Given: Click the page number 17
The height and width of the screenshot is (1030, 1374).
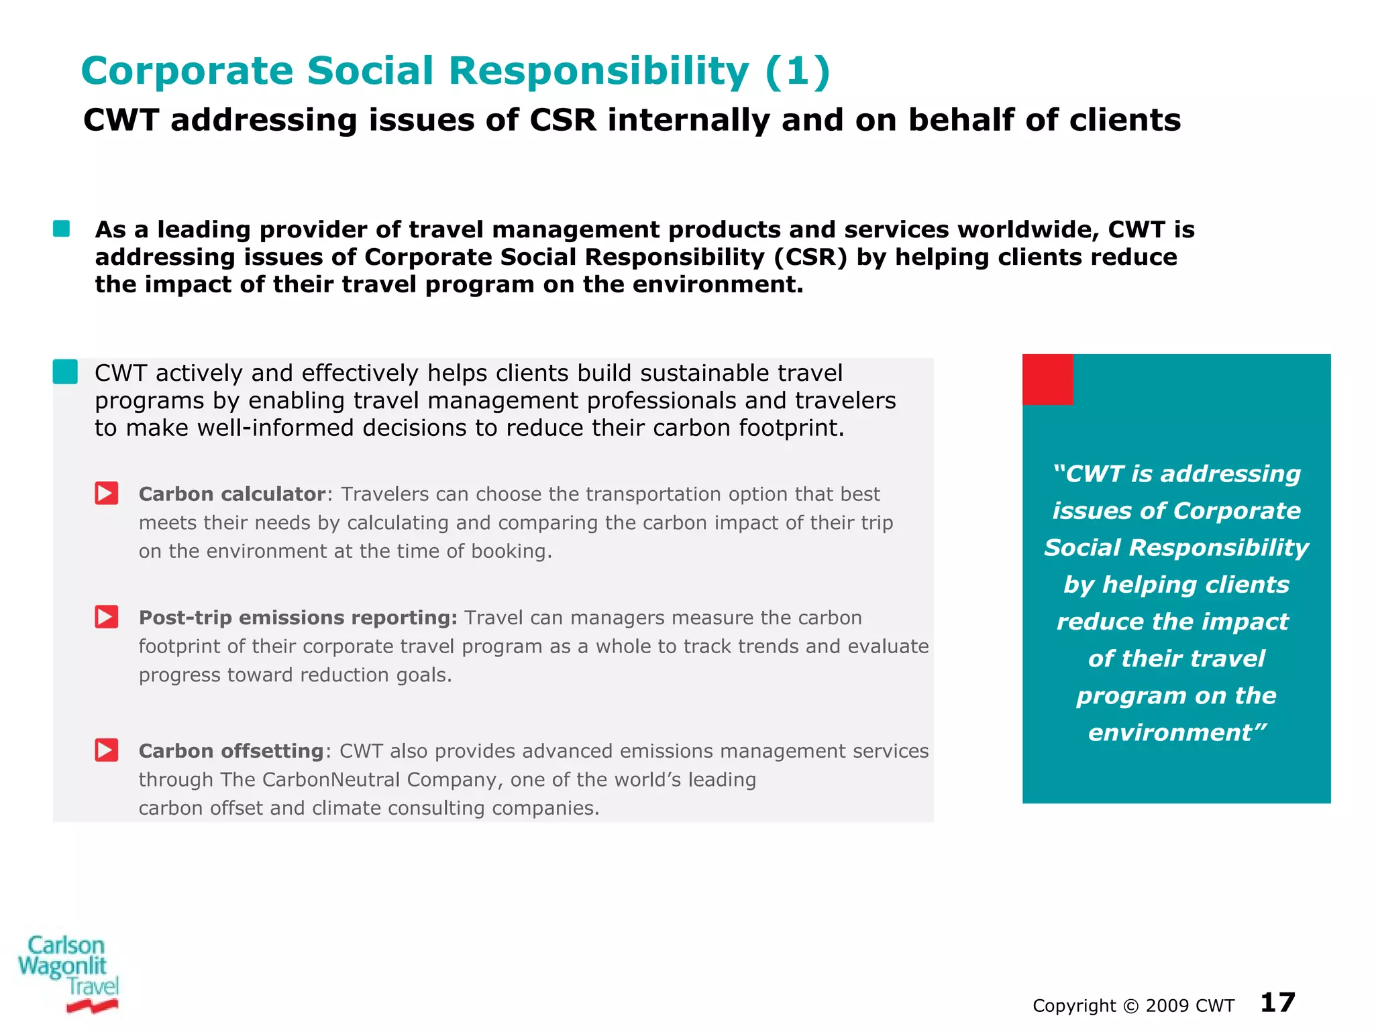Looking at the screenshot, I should click(1277, 1003).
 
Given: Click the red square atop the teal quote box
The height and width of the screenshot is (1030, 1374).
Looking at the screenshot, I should click(1047, 380).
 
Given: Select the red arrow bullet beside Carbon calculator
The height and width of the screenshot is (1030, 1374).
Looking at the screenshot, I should click(107, 494).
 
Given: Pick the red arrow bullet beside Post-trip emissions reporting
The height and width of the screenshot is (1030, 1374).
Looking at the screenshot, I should click(107, 617).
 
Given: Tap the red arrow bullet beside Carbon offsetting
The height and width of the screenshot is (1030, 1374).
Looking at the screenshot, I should click(107, 750).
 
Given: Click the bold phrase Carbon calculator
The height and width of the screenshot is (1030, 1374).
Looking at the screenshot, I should click(231, 494).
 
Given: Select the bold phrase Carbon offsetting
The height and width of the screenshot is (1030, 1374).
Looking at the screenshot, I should click(231, 751).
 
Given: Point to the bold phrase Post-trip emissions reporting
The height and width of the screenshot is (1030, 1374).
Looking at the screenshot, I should click(297, 618).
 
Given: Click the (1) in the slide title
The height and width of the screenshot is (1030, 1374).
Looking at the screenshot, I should click(797, 71).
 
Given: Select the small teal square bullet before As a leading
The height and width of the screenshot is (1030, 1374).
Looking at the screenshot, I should click(62, 229).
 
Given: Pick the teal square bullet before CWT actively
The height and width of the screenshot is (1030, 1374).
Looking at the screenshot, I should click(65, 371).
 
